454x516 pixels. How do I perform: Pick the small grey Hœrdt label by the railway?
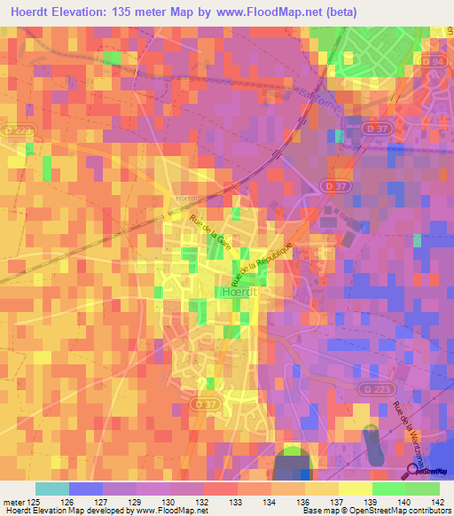point(184,198)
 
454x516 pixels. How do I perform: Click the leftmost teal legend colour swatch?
point(51,489)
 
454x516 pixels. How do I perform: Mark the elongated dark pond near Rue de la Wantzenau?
point(372,442)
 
